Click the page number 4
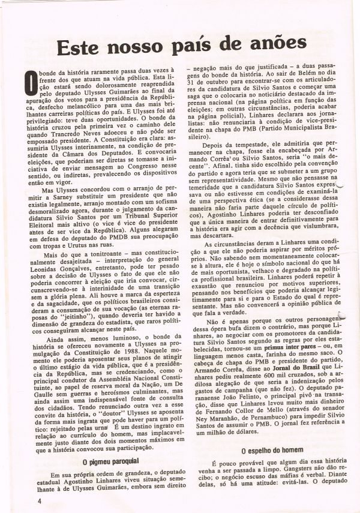(38, 500)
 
